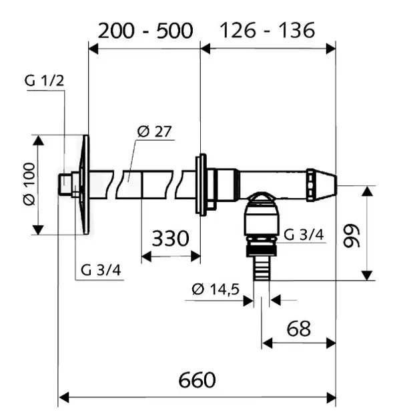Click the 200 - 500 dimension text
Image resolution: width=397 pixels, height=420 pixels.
point(145,31)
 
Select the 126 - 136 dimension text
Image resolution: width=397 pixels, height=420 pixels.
point(267,30)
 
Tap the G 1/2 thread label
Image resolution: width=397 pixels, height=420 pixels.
point(44,81)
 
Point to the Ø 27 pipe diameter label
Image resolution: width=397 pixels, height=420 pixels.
point(154,131)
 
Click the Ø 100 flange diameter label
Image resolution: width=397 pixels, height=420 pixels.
point(29,184)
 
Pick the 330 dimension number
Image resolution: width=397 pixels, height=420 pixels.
point(171,238)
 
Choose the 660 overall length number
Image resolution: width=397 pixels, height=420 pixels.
point(197,380)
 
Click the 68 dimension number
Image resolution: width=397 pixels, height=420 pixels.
point(299,329)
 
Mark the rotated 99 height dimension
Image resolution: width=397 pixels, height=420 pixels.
point(352,236)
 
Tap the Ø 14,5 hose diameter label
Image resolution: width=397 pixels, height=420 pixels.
point(216,289)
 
